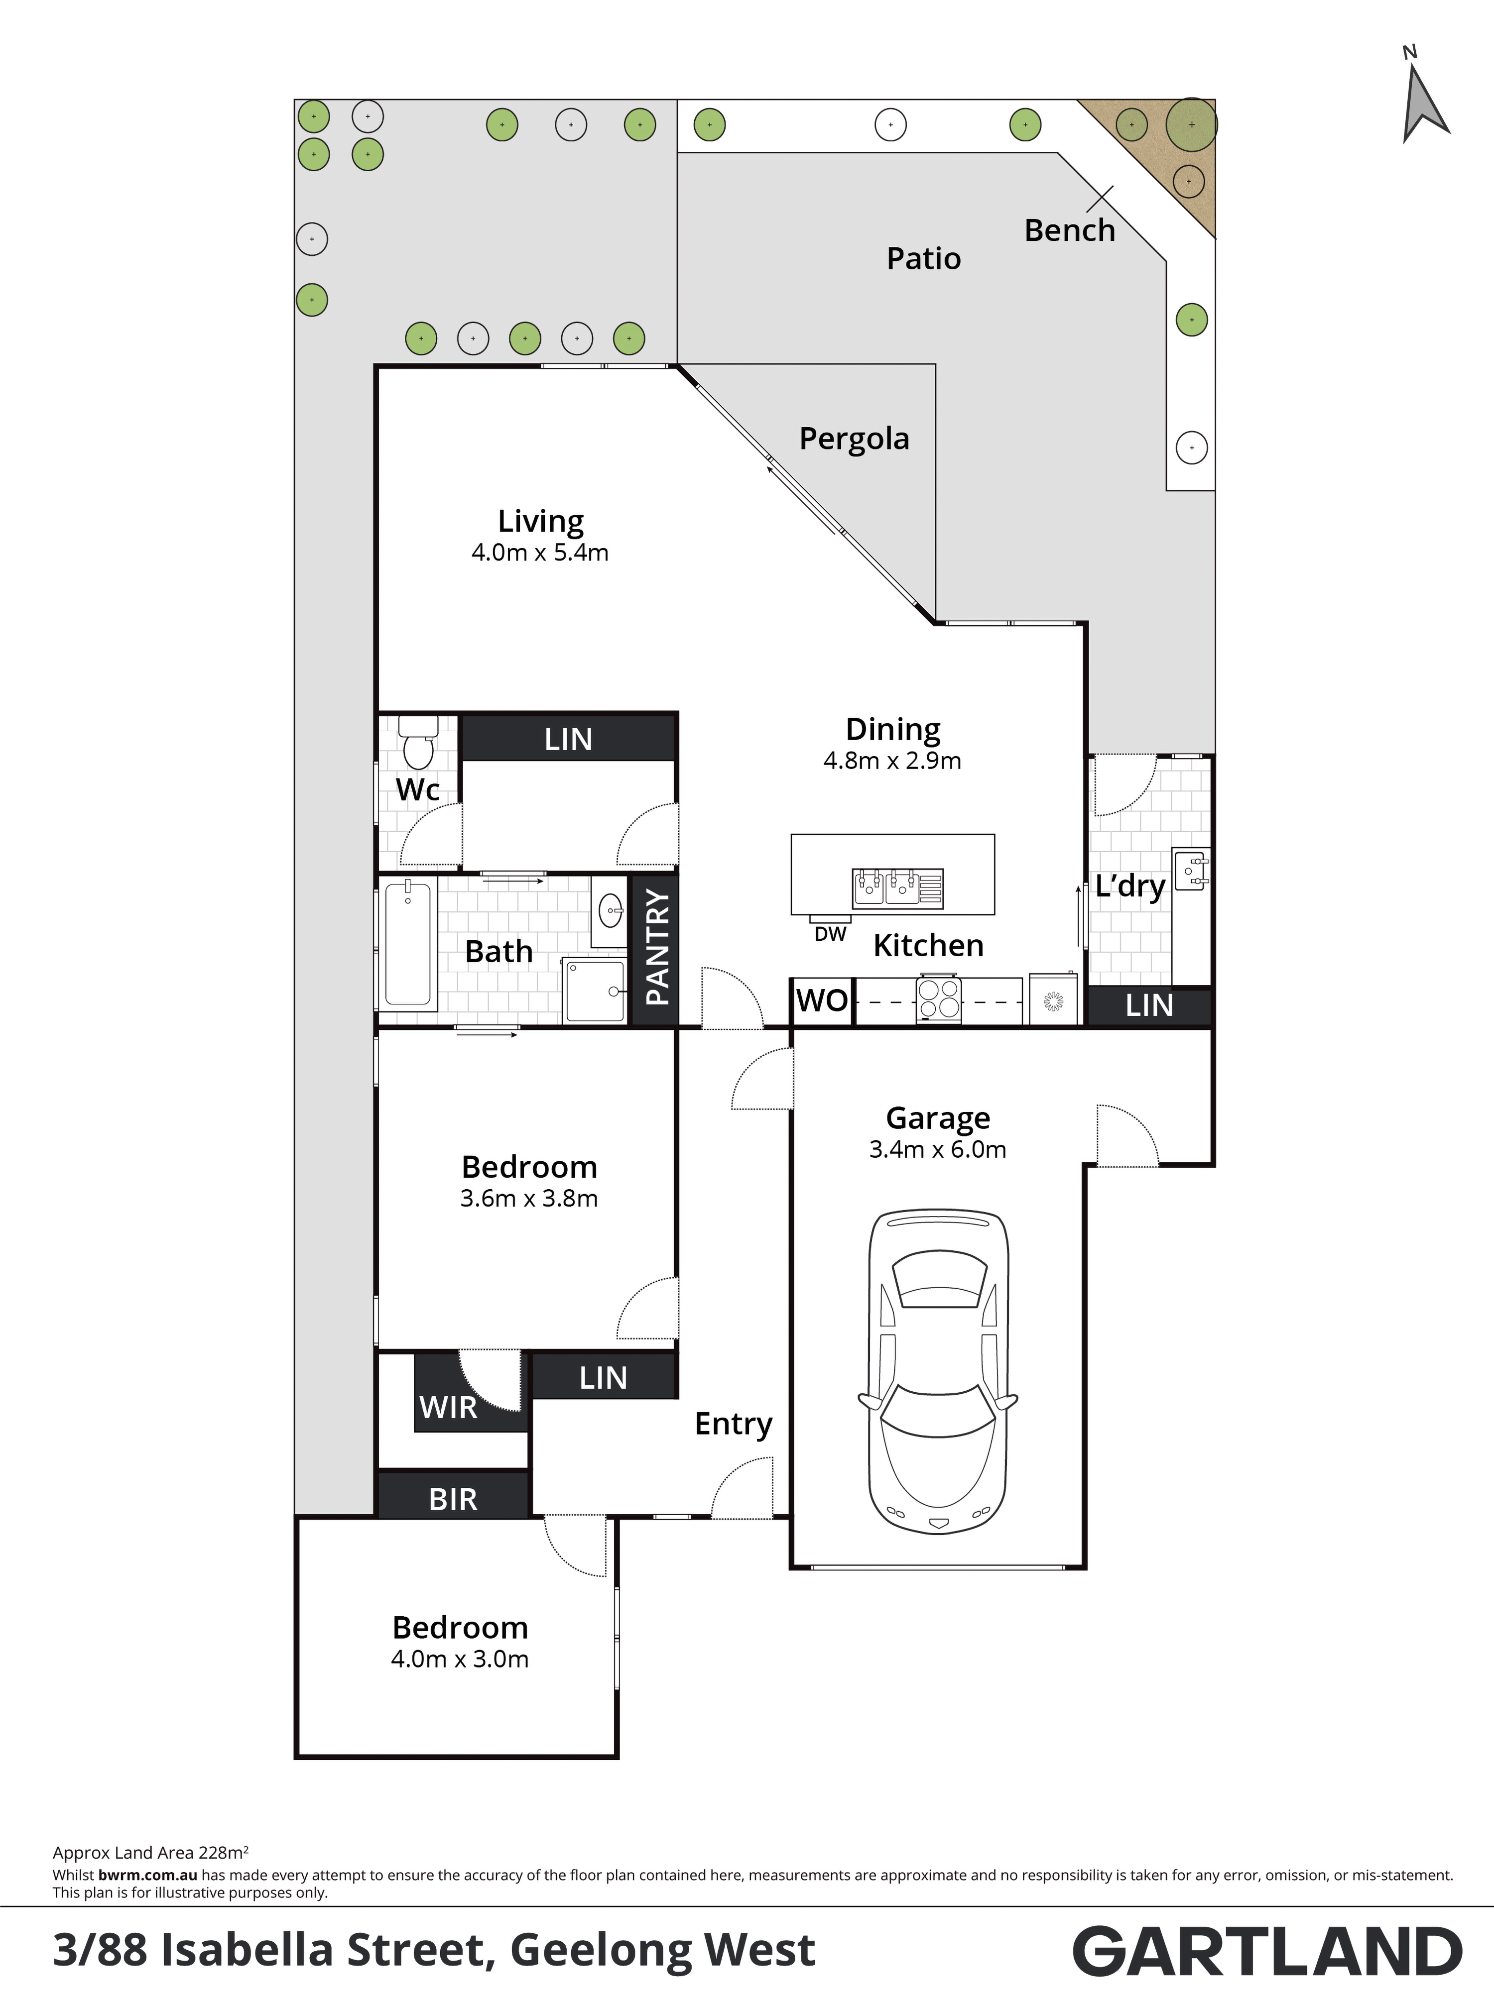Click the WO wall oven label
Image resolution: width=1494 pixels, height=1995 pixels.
tap(822, 1000)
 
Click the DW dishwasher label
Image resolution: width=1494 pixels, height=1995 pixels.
tap(830, 934)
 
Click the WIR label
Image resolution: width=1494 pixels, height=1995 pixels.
tap(448, 1407)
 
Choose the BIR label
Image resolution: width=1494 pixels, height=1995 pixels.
tap(453, 1499)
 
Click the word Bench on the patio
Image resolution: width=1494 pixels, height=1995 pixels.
tap(1070, 231)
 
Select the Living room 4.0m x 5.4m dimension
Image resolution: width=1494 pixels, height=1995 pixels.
tap(540, 553)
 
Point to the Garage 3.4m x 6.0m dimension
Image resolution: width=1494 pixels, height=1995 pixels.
tap(937, 1150)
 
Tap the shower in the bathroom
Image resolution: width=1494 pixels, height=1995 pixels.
tap(594, 991)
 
